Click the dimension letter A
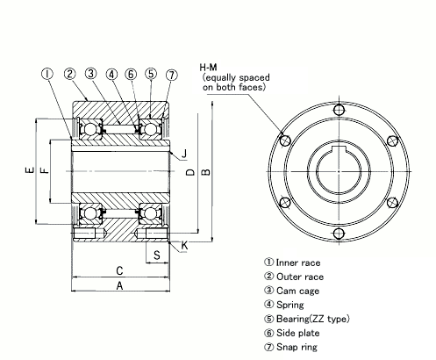118,286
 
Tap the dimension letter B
205,172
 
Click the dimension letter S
155,255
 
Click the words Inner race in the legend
297,263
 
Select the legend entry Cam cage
296,291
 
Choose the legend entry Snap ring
297,347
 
